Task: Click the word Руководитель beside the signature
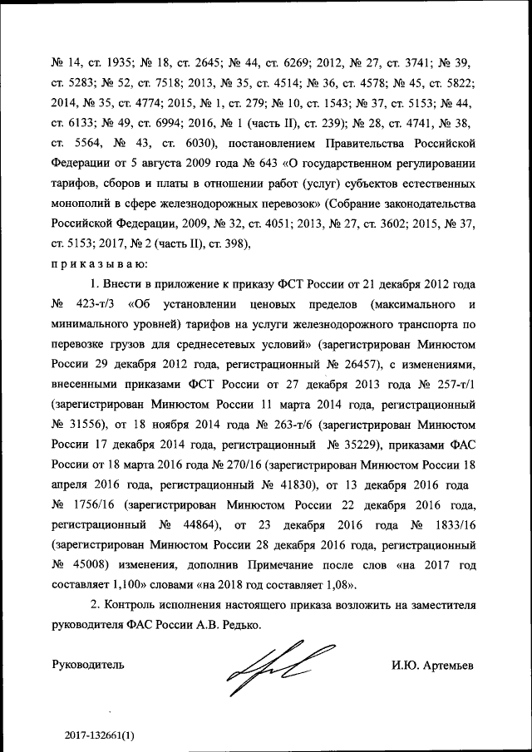coord(88,666)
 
